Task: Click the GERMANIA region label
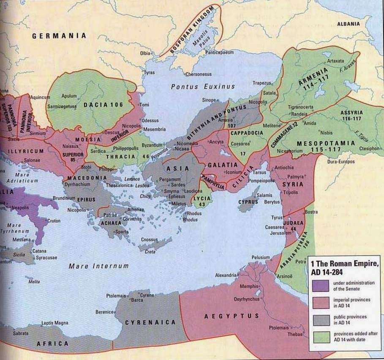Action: point(59,36)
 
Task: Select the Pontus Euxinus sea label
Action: point(202,86)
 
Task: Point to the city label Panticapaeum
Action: point(219,52)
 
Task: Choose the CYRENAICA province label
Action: point(150,322)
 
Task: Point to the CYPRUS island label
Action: point(248,202)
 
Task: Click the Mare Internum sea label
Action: point(98,266)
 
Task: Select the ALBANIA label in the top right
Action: point(348,24)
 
